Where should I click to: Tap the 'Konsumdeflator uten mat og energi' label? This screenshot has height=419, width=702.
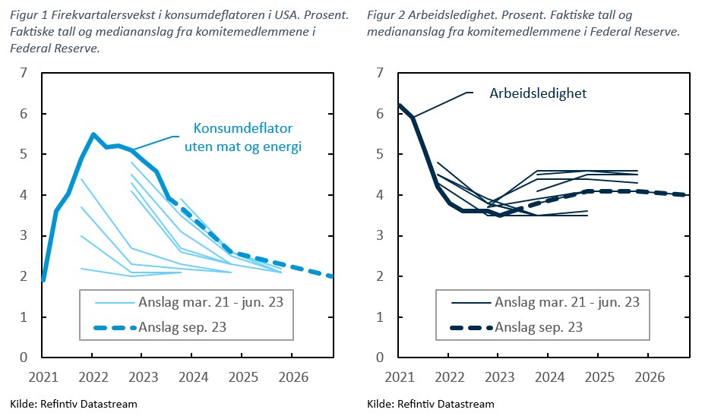point(243,137)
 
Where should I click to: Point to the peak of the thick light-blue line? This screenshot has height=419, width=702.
point(93,134)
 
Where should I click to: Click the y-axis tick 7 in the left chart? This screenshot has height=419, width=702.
point(24,74)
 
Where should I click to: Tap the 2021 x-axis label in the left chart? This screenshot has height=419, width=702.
point(43,376)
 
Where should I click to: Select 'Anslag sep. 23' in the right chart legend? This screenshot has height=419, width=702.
point(539,328)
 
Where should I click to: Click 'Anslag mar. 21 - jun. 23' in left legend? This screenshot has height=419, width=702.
point(210,302)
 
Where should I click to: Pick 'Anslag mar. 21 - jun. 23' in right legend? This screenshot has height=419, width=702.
point(566,302)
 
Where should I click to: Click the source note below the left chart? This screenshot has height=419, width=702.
point(74,404)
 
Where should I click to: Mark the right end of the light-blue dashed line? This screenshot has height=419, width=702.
point(331,276)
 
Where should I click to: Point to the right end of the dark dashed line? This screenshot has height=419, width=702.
point(687,195)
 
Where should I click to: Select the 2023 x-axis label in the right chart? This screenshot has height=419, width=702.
point(498,376)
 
